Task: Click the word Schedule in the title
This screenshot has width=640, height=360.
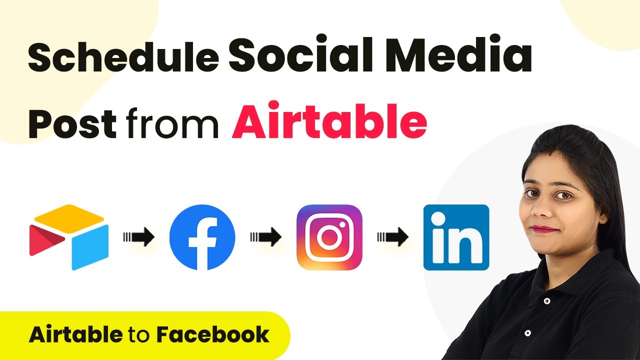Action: click(123, 57)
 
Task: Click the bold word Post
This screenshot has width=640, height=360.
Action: click(72, 123)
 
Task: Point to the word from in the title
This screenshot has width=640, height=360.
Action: click(172, 123)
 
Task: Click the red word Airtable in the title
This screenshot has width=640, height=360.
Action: click(329, 120)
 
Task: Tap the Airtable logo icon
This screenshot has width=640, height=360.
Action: click(69, 237)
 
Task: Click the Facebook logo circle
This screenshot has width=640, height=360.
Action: click(202, 237)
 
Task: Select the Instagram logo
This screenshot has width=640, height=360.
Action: click(329, 237)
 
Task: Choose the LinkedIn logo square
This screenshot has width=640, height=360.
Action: click(456, 237)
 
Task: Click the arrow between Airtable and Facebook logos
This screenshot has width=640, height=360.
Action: click(139, 237)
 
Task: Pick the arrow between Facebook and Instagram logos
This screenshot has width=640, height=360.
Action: click(265, 237)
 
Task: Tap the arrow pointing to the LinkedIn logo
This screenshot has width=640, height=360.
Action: click(393, 237)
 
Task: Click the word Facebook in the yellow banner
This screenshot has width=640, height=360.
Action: click(213, 334)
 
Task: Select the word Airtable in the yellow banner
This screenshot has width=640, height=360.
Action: click(75, 334)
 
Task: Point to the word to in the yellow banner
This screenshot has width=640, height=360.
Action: click(139, 335)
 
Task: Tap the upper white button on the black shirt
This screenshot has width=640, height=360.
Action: click(547, 301)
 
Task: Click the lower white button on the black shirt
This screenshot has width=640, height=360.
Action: click(527, 333)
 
